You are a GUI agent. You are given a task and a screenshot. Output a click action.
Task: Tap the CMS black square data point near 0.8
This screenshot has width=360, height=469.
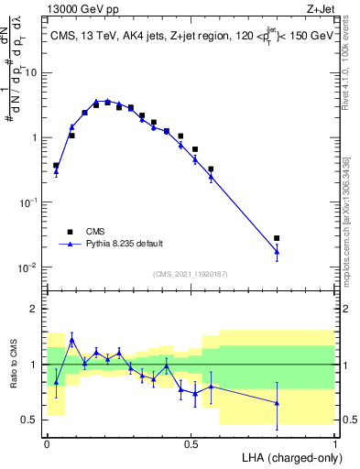click(277, 238)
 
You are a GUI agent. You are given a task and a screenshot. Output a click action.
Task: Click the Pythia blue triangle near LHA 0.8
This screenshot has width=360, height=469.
click(277, 251)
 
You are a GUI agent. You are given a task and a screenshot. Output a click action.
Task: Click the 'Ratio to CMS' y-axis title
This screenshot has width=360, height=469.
click(12, 365)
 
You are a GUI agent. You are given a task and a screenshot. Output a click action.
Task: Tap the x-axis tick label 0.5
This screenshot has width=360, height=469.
click(191, 443)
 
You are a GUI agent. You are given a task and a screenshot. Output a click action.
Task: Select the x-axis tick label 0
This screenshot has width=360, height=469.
click(47, 443)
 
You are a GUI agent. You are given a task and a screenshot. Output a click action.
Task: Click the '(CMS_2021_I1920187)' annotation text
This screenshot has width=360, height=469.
click(191, 273)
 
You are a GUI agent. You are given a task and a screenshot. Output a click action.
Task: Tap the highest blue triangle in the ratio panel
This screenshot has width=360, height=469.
click(71, 340)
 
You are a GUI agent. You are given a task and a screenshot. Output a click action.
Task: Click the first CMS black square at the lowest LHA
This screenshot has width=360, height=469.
click(57, 166)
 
